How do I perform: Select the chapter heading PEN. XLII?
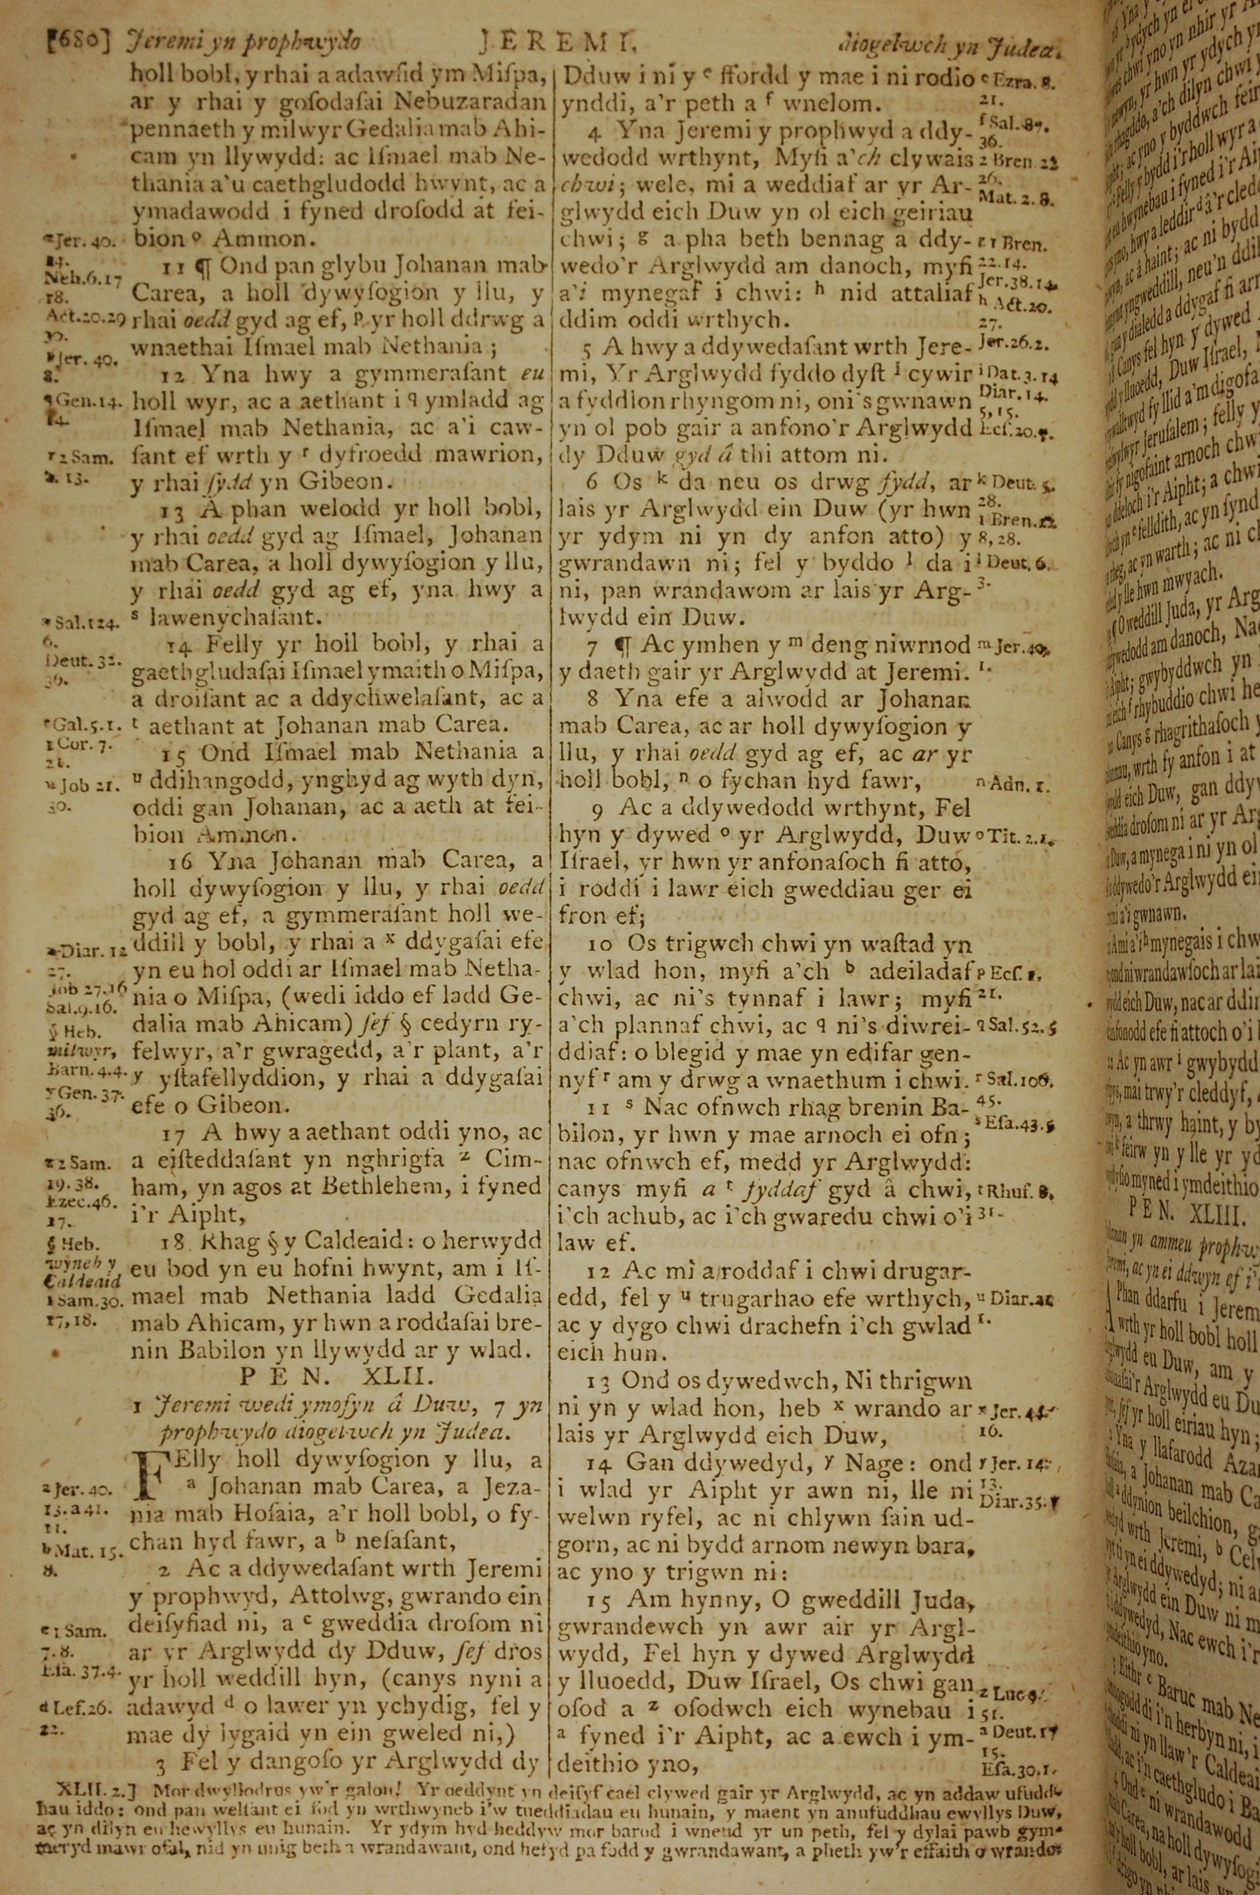(x=338, y=1377)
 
